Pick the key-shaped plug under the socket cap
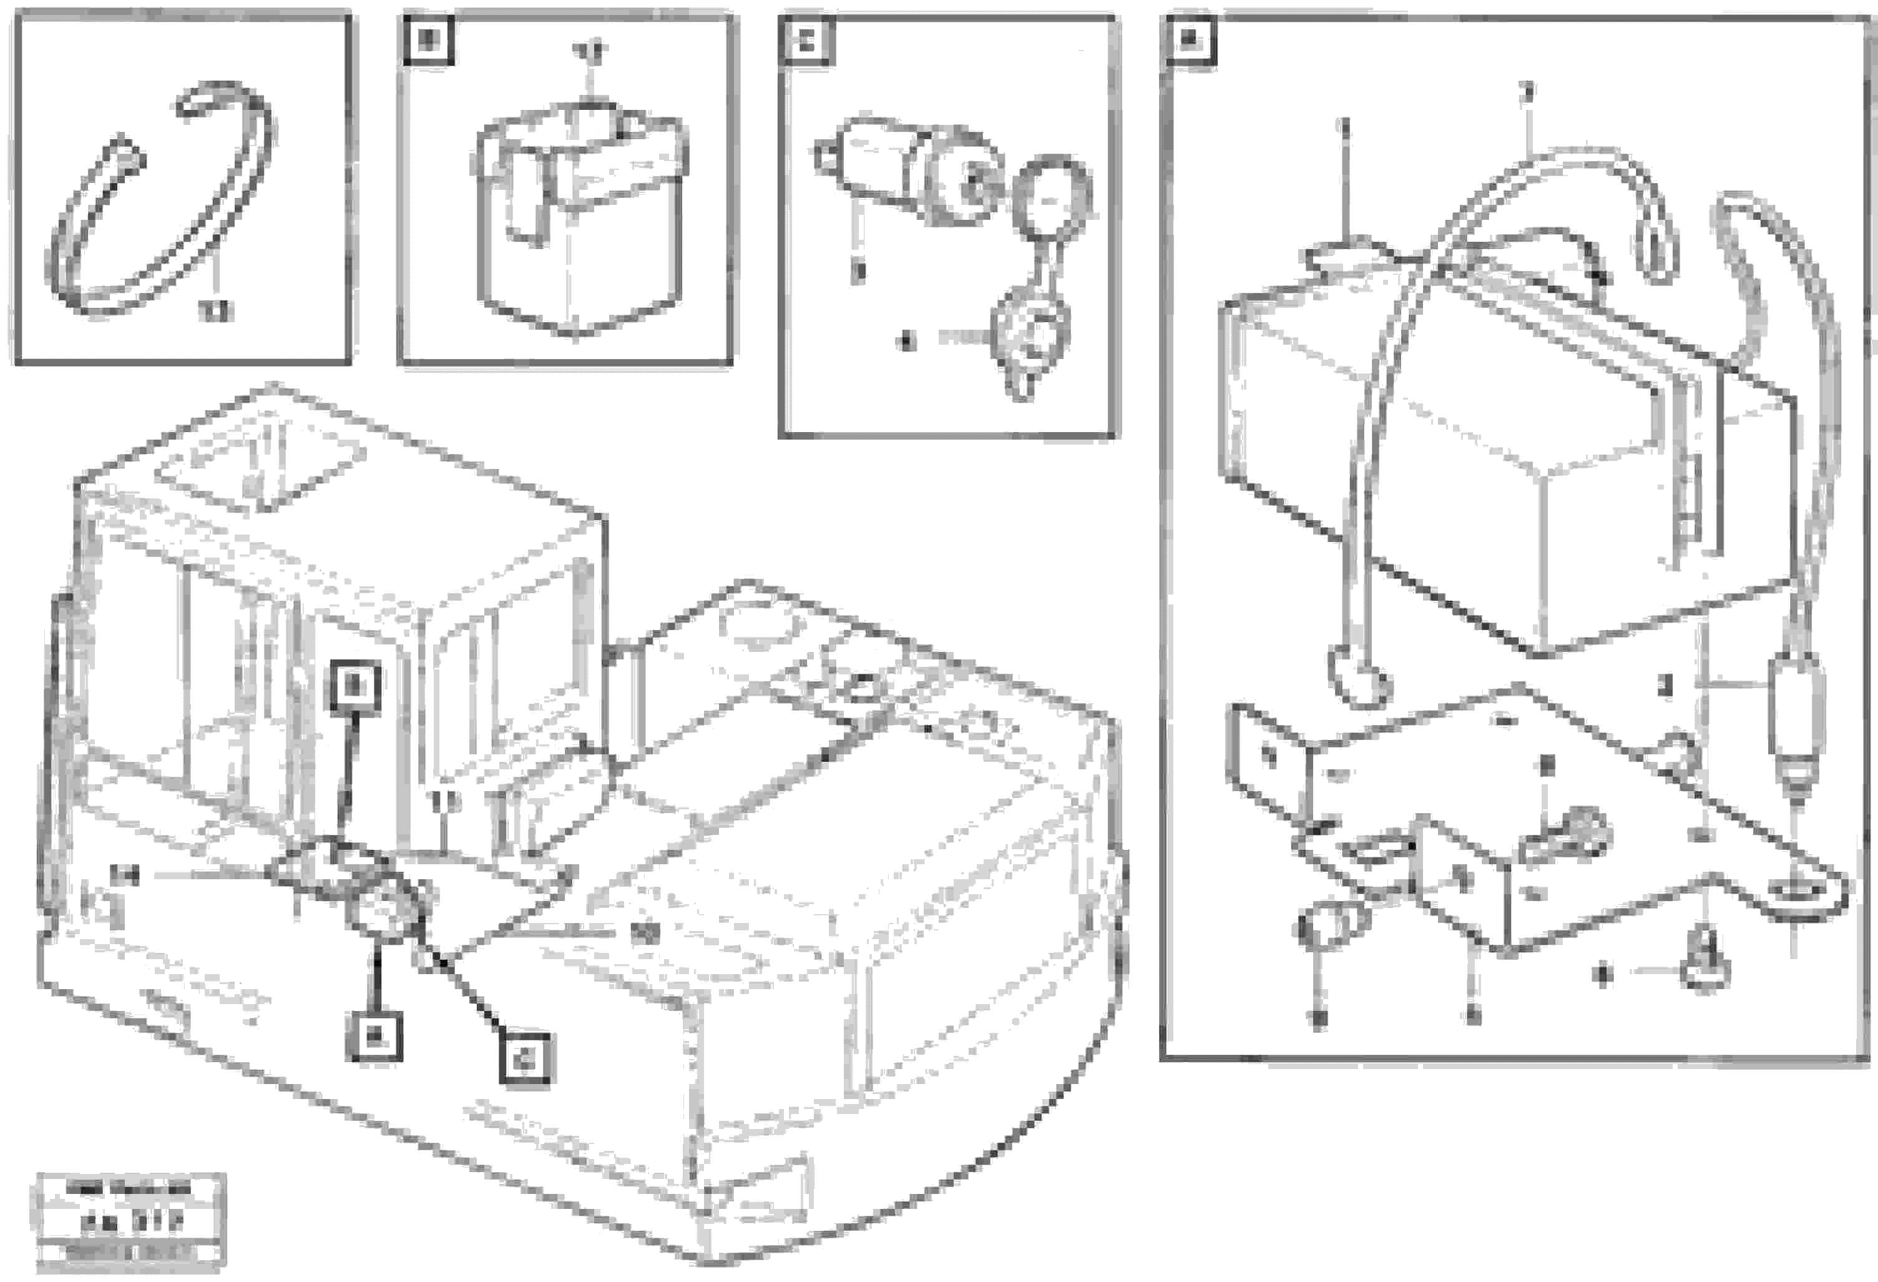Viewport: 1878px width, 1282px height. (1030, 340)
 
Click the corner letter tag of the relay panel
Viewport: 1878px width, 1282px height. (428, 41)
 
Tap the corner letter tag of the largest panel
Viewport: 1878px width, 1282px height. (1189, 41)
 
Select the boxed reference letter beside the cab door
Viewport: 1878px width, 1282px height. (357, 689)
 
